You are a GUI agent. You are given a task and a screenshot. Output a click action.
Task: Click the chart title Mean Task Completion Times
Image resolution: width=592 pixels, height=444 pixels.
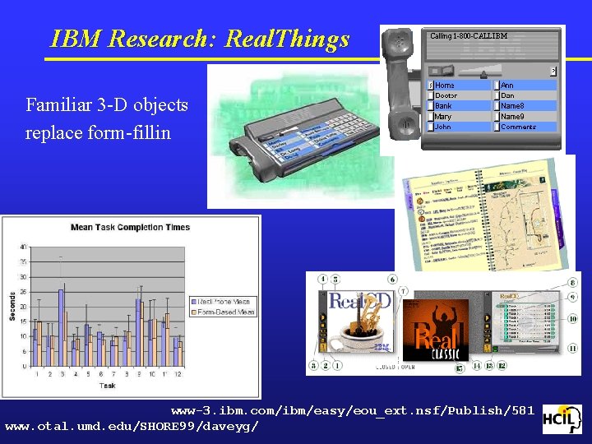coord(130,228)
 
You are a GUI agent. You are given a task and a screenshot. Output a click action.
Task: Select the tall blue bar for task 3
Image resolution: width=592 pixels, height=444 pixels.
coord(60,327)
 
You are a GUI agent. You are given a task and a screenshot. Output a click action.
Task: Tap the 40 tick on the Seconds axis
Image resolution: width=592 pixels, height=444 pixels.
coord(23,246)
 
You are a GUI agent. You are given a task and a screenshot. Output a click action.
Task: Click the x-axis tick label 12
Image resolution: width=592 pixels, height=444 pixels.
coord(178,374)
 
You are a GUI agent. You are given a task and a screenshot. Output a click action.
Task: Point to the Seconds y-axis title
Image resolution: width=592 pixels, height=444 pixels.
coord(12,306)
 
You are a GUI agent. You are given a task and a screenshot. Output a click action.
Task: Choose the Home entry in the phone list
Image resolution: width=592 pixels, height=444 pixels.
coord(445,86)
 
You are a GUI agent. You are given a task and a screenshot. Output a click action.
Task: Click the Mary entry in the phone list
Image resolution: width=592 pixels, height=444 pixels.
coord(443,117)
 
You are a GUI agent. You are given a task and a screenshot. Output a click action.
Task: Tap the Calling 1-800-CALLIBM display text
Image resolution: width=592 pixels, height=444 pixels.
coord(469,36)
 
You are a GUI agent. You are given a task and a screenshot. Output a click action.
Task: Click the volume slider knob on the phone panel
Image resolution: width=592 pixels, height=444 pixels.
coord(448,71)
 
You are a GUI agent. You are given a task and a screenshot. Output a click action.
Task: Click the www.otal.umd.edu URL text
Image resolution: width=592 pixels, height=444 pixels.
coord(132,426)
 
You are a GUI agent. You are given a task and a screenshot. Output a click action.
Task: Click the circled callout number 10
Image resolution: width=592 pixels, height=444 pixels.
coord(572,319)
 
